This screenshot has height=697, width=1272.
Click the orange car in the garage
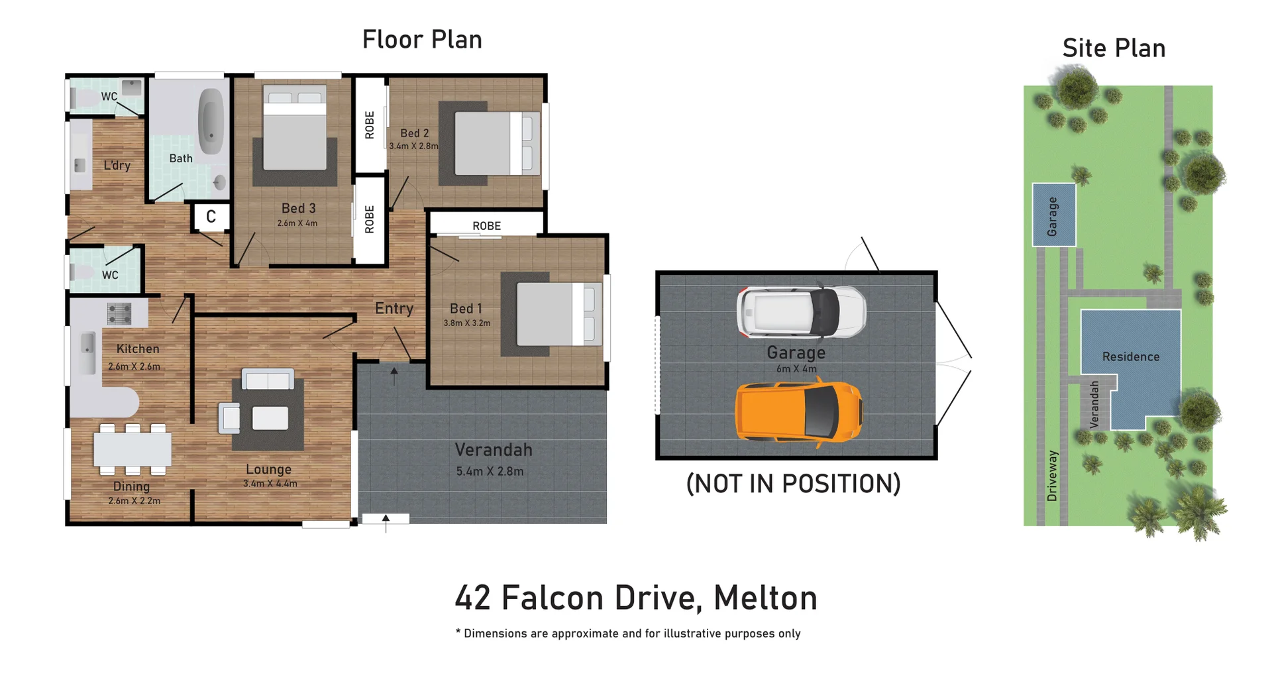[798, 411]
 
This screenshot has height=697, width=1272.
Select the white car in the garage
[800, 311]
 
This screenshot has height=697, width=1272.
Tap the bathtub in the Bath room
[211, 121]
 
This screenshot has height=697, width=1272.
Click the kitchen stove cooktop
[119, 313]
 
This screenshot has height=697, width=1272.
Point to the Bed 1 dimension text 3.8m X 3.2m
[467, 323]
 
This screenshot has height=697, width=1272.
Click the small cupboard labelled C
[211, 217]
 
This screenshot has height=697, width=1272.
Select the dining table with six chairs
[132, 449]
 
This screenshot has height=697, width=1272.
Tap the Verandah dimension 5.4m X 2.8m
[490, 472]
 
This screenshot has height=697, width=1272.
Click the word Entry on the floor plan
[394, 308]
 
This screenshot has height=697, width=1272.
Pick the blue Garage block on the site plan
[1053, 215]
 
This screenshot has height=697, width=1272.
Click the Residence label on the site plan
[1131, 356]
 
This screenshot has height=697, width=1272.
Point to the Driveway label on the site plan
[1052, 476]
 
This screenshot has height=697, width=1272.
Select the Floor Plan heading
[422, 40]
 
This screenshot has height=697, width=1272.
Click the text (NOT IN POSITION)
[793, 484]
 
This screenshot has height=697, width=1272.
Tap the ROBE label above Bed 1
[486, 226]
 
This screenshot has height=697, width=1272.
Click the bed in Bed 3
[295, 129]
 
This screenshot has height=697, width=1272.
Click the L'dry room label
[117, 166]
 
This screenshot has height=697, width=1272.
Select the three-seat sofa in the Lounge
[268, 380]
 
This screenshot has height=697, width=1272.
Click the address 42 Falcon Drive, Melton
[636, 598]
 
